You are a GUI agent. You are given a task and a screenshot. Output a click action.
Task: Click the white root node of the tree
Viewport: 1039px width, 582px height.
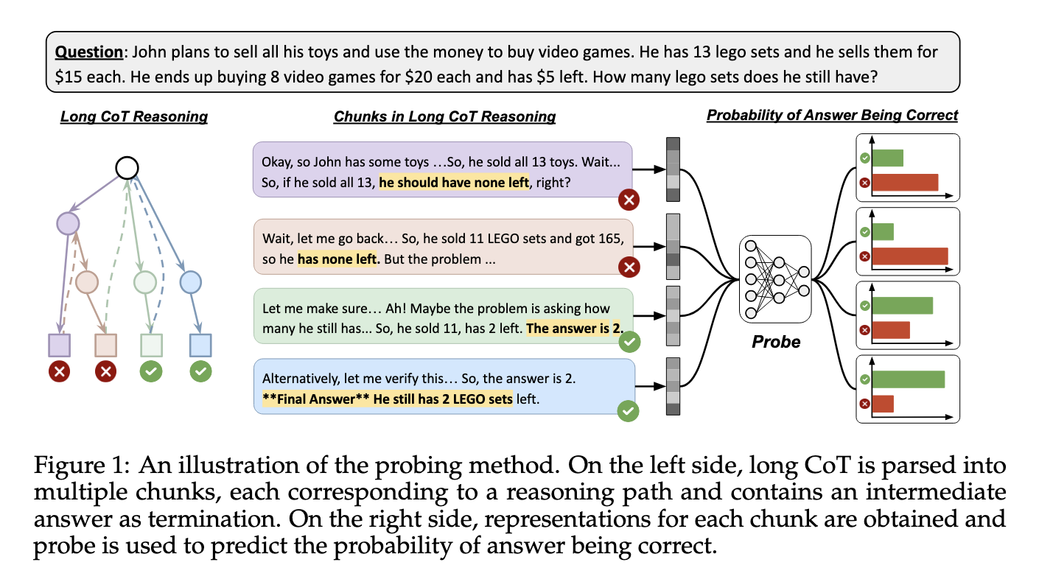pos(127,168)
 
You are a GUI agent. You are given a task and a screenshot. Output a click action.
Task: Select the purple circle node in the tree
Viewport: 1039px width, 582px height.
pos(69,223)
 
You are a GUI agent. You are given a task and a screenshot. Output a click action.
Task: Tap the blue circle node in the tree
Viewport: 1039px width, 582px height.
pos(191,282)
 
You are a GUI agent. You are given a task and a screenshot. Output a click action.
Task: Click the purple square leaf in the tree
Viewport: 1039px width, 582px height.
pos(60,346)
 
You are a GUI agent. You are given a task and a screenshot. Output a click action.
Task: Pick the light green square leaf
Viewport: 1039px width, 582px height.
pos(151,346)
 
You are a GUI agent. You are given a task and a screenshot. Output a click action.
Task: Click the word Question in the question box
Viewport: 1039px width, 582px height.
pos(89,52)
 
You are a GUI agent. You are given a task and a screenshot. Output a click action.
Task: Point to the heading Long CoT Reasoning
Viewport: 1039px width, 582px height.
pos(134,116)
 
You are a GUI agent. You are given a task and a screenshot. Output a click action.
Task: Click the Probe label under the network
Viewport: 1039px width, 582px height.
pos(776,342)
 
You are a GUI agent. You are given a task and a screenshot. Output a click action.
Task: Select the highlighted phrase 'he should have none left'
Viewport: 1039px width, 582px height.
pos(454,182)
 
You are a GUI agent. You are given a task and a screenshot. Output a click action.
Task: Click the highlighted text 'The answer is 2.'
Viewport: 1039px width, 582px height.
pos(575,329)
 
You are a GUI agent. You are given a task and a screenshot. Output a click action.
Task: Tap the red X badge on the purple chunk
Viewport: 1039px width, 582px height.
pos(629,200)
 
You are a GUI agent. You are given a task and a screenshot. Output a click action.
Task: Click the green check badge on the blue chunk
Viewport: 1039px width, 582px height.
pos(628,411)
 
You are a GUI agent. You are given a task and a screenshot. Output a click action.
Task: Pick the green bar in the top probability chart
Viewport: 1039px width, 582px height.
pos(888,158)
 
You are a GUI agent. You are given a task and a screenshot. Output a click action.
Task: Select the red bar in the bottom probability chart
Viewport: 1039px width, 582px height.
pos(883,404)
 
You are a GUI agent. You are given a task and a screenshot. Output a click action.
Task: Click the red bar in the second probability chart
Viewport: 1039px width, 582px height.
pos(910,256)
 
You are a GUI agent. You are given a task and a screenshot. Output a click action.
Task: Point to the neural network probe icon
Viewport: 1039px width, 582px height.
pos(775,279)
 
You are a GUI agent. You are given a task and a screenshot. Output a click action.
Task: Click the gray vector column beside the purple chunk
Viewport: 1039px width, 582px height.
pos(673,169)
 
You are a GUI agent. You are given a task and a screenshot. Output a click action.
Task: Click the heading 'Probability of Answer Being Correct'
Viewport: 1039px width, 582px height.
pos(832,116)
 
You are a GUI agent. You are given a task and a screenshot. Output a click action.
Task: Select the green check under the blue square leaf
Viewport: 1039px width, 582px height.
pos(201,371)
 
